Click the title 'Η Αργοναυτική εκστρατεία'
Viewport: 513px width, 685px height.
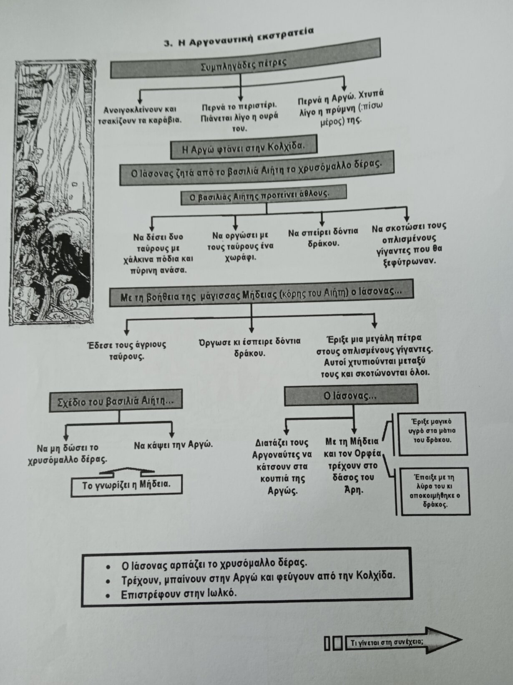pos(239,38)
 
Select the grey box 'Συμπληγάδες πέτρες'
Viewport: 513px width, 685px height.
pos(245,58)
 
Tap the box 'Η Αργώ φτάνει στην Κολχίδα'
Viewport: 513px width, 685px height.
pos(244,147)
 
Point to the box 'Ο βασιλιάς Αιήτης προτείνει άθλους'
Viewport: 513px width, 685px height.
pos(264,195)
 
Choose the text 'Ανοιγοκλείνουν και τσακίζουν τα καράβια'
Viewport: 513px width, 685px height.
pos(140,115)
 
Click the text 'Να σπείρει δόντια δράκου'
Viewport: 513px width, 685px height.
pos(323,237)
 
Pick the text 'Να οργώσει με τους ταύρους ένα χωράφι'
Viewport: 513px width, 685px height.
pos(241,246)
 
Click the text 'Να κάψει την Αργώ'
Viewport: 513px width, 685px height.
pos(173,444)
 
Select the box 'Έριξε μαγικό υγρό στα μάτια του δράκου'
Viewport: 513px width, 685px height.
pos(433,434)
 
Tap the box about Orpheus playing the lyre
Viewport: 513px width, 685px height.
pos(435,491)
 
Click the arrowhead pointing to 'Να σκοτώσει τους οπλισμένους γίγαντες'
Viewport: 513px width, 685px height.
pos(407,218)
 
